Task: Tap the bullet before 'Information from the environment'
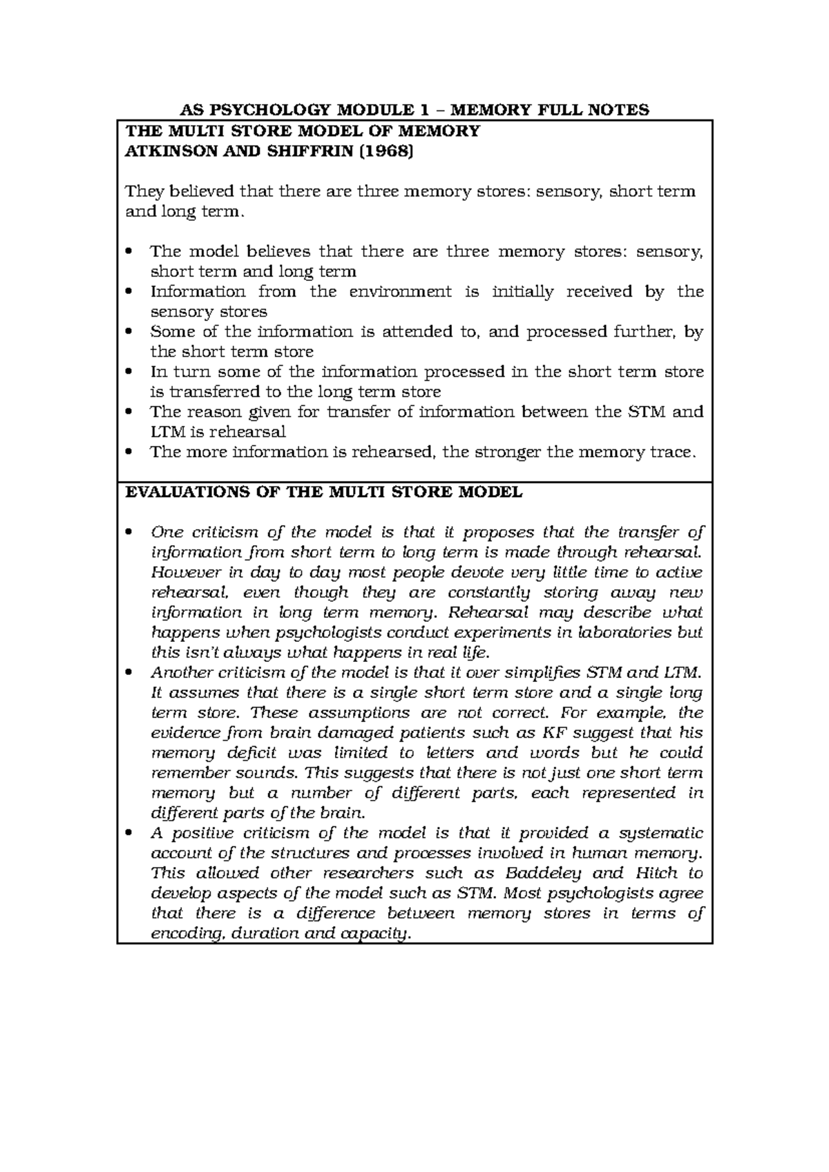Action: (x=128, y=292)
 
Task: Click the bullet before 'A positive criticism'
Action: (x=128, y=833)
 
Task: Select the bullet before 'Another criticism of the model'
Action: (x=128, y=673)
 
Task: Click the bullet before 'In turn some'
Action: (x=128, y=372)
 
